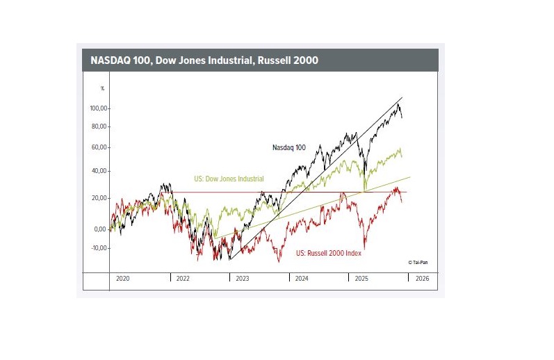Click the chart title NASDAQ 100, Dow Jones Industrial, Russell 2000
point(204,60)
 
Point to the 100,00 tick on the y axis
point(100,108)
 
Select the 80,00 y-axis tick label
point(101,126)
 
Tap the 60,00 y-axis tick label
point(101,147)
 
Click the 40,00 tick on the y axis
point(101,171)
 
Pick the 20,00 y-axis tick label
point(101,198)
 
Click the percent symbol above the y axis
point(102,88)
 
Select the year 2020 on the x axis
point(123,278)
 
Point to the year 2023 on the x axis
point(242,278)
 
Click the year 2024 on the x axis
point(302,278)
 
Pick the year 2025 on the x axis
point(361,278)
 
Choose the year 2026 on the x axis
point(421,278)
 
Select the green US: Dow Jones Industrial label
point(229,179)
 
